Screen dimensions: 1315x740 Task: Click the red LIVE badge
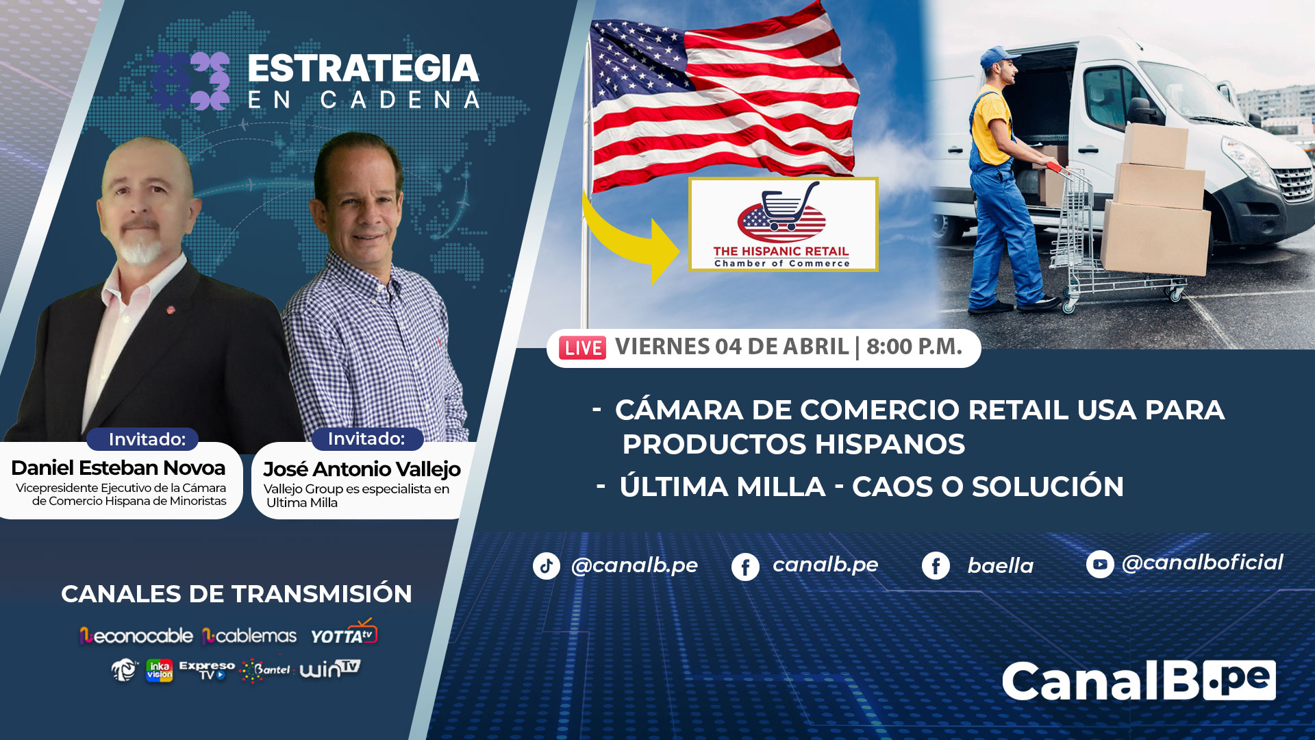pyautogui.click(x=582, y=348)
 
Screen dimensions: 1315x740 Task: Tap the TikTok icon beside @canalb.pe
pyautogui.click(x=547, y=566)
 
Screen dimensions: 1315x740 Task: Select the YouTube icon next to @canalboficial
pyautogui.click(x=1100, y=565)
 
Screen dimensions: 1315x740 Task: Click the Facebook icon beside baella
pyautogui.click(x=936, y=566)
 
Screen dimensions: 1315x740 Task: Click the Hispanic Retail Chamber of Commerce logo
pyautogui.click(x=783, y=225)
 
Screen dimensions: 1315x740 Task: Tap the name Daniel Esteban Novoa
pyautogui.click(x=118, y=468)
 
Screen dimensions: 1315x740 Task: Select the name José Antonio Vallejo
pyautogui.click(x=362, y=469)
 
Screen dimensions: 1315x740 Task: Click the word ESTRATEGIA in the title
pyautogui.click(x=363, y=69)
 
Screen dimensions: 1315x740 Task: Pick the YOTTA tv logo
pyautogui.click(x=344, y=633)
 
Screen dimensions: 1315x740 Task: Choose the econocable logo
pyautogui.click(x=136, y=637)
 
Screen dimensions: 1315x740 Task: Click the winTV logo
pyautogui.click(x=330, y=669)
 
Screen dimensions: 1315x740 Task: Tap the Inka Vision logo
pyautogui.click(x=160, y=671)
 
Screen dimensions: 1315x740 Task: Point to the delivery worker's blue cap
pyautogui.click(x=998, y=56)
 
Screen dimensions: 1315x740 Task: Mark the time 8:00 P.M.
pyautogui.click(x=914, y=347)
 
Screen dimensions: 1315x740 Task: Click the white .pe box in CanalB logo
pyautogui.click(x=1238, y=680)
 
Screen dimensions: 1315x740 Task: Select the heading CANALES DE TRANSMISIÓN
pyautogui.click(x=236, y=593)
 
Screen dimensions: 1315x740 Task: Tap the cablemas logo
pyautogui.click(x=249, y=637)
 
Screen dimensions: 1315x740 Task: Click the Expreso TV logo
pyautogui.click(x=207, y=670)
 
